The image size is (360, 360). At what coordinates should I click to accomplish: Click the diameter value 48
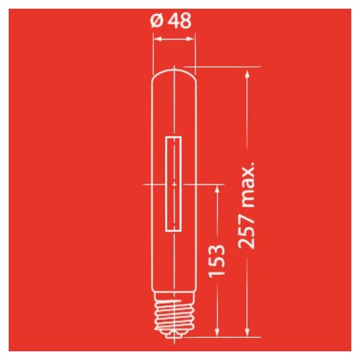tap(179, 21)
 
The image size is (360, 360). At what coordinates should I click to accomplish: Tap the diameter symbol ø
tap(157, 21)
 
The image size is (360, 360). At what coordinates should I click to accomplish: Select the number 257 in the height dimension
tap(246, 232)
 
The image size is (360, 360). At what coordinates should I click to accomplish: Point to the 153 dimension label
tap(216, 260)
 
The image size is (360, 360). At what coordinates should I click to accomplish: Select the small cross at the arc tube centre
tap(174, 184)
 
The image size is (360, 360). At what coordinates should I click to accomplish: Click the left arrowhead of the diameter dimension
tap(157, 39)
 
